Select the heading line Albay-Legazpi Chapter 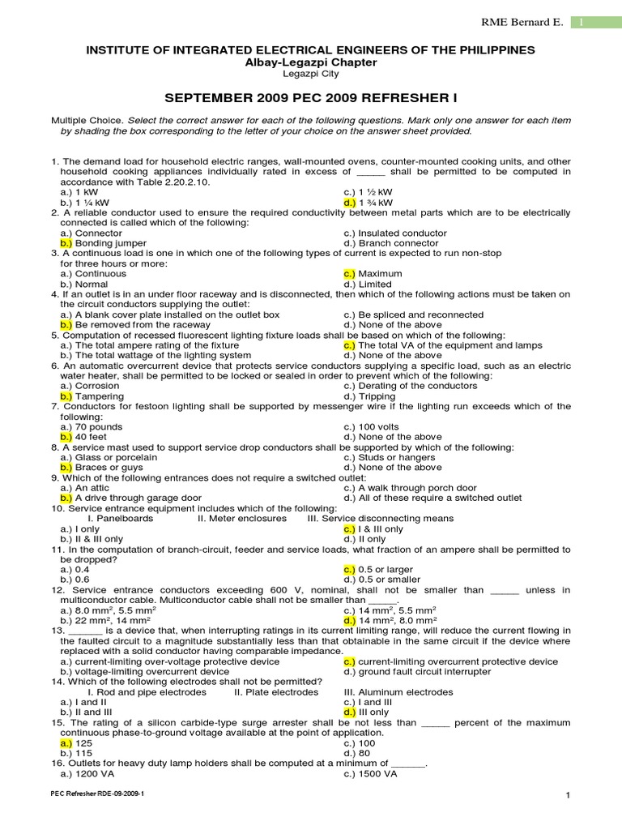pyautogui.click(x=310, y=62)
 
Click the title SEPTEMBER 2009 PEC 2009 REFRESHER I pyautogui.click(x=311, y=98)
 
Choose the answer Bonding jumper pyautogui.click(x=110, y=243)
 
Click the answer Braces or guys pyautogui.click(x=109, y=468)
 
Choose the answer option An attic pyautogui.click(x=93, y=488)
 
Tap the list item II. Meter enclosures pyautogui.click(x=242, y=519)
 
